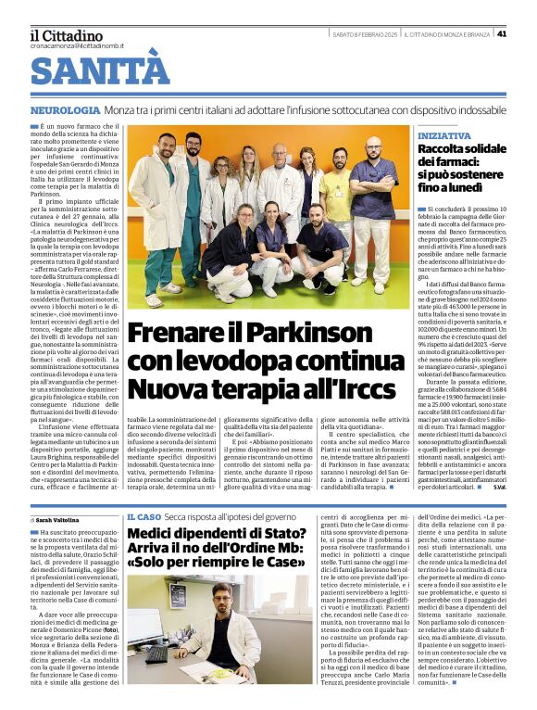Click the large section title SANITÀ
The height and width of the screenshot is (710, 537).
click(101, 71)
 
